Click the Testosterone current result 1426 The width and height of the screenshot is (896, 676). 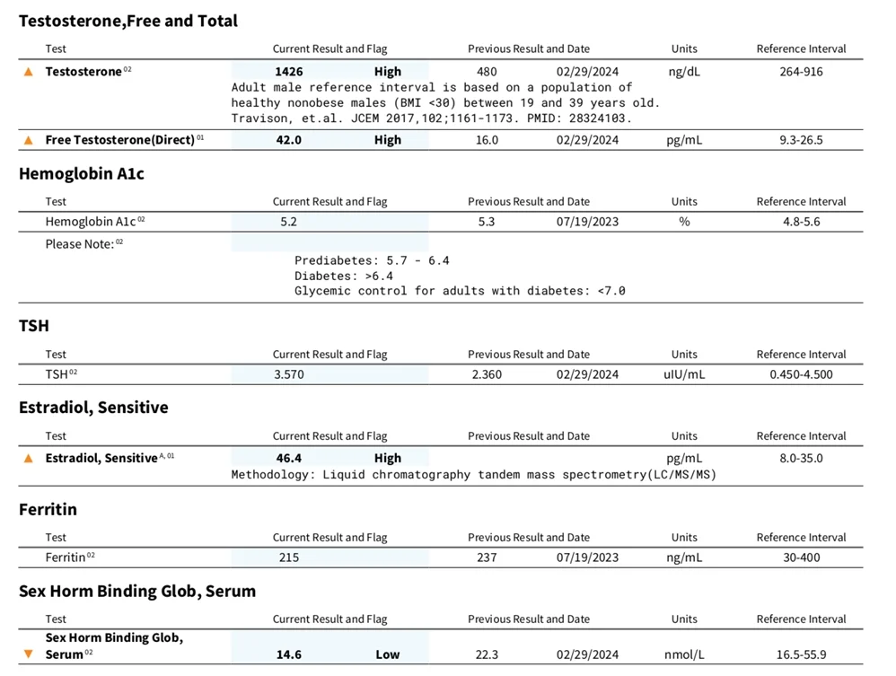tap(289, 72)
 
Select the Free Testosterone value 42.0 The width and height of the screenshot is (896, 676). tap(288, 140)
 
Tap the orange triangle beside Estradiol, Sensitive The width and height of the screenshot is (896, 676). tap(29, 458)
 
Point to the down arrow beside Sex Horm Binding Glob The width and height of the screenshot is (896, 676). tap(29, 654)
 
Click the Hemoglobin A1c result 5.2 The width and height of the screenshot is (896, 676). tap(288, 222)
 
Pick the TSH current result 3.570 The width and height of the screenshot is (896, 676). tap(289, 374)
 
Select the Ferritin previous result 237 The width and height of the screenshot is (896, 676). tap(487, 557)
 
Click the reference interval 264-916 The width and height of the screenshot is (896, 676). tap(801, 72)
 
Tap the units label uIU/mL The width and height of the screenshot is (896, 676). tap(683, 374)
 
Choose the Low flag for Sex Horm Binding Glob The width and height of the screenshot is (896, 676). tap(388, 654)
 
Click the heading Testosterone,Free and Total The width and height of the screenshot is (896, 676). tap(128, 21)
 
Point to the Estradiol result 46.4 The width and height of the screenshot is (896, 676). tap(288, 458)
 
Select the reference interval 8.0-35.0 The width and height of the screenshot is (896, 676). tap(801, 458)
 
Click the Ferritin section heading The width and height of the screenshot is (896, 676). tap(48, 509)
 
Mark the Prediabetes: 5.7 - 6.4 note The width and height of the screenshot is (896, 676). tap(372, 260)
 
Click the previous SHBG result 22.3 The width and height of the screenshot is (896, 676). tap(487, 654)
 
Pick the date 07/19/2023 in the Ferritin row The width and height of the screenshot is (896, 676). tap(587, 557)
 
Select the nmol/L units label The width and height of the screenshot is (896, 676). tap(683, 654)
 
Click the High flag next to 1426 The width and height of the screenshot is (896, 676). tap(388, 72)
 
